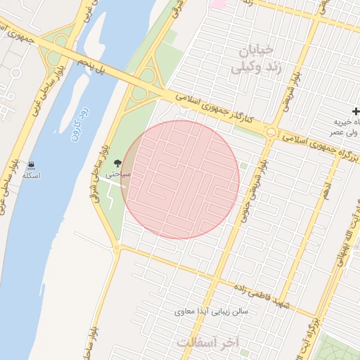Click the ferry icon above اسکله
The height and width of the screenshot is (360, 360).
(x=31, y=165)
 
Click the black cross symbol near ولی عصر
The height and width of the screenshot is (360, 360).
(x=356, y=112)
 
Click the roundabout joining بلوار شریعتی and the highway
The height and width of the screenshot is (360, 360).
(x=271, y=132)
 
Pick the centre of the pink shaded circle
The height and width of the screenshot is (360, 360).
(x=180, y=180)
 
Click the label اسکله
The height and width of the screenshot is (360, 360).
(x=30, y=175)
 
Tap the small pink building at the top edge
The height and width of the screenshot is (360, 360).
(x=218, y=4)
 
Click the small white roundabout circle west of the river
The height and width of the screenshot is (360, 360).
(x=16, y=73)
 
